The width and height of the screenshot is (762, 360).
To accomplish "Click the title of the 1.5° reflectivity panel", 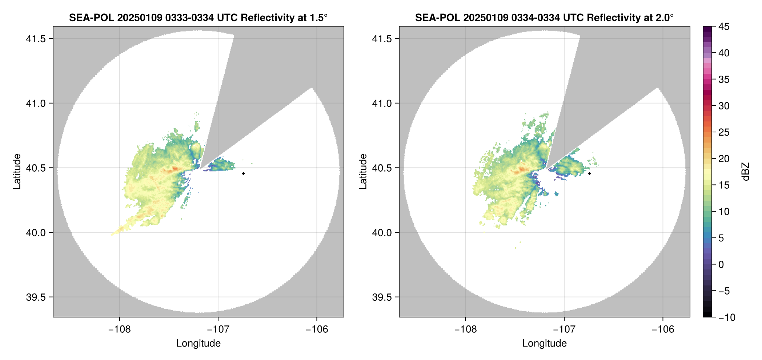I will (x=198, y=17).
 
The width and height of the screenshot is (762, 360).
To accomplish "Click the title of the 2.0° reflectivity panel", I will (x=544, y=17).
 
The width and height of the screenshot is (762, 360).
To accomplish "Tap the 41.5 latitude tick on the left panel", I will (x=35, y=39).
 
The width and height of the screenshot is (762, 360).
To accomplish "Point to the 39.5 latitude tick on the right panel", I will (x=381, y=297).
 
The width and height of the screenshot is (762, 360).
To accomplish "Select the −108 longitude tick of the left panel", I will (x=120, y=329).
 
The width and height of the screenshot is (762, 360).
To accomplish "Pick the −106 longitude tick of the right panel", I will (x=663, y=329).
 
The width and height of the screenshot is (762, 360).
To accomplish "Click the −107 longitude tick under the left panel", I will (x=218, y=329).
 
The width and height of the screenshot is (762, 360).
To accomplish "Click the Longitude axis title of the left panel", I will (x=198, y=343).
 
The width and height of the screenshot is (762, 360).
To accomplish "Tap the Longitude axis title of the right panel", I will (x=544, y=343).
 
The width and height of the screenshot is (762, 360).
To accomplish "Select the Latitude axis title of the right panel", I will (x=363, y=171).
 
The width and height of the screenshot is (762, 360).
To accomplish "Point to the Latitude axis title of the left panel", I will (x=17, y=171).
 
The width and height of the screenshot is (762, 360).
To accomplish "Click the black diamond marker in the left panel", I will (x=243, y=173).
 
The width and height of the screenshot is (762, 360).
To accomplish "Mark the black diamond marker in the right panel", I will (x=589, y=173).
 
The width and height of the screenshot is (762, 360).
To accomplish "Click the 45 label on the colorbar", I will (x=724, y=27).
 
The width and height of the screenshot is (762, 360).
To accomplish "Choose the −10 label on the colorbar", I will (x=727, y=317).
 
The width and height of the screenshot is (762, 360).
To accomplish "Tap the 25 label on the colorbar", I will (x=724, y=132).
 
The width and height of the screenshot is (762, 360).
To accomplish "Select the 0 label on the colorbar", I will (x=721, y=264).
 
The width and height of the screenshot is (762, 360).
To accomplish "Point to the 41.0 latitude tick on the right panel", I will (x=381, y=103).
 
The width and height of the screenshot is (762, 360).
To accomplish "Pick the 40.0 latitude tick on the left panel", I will (x=35, y=232).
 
